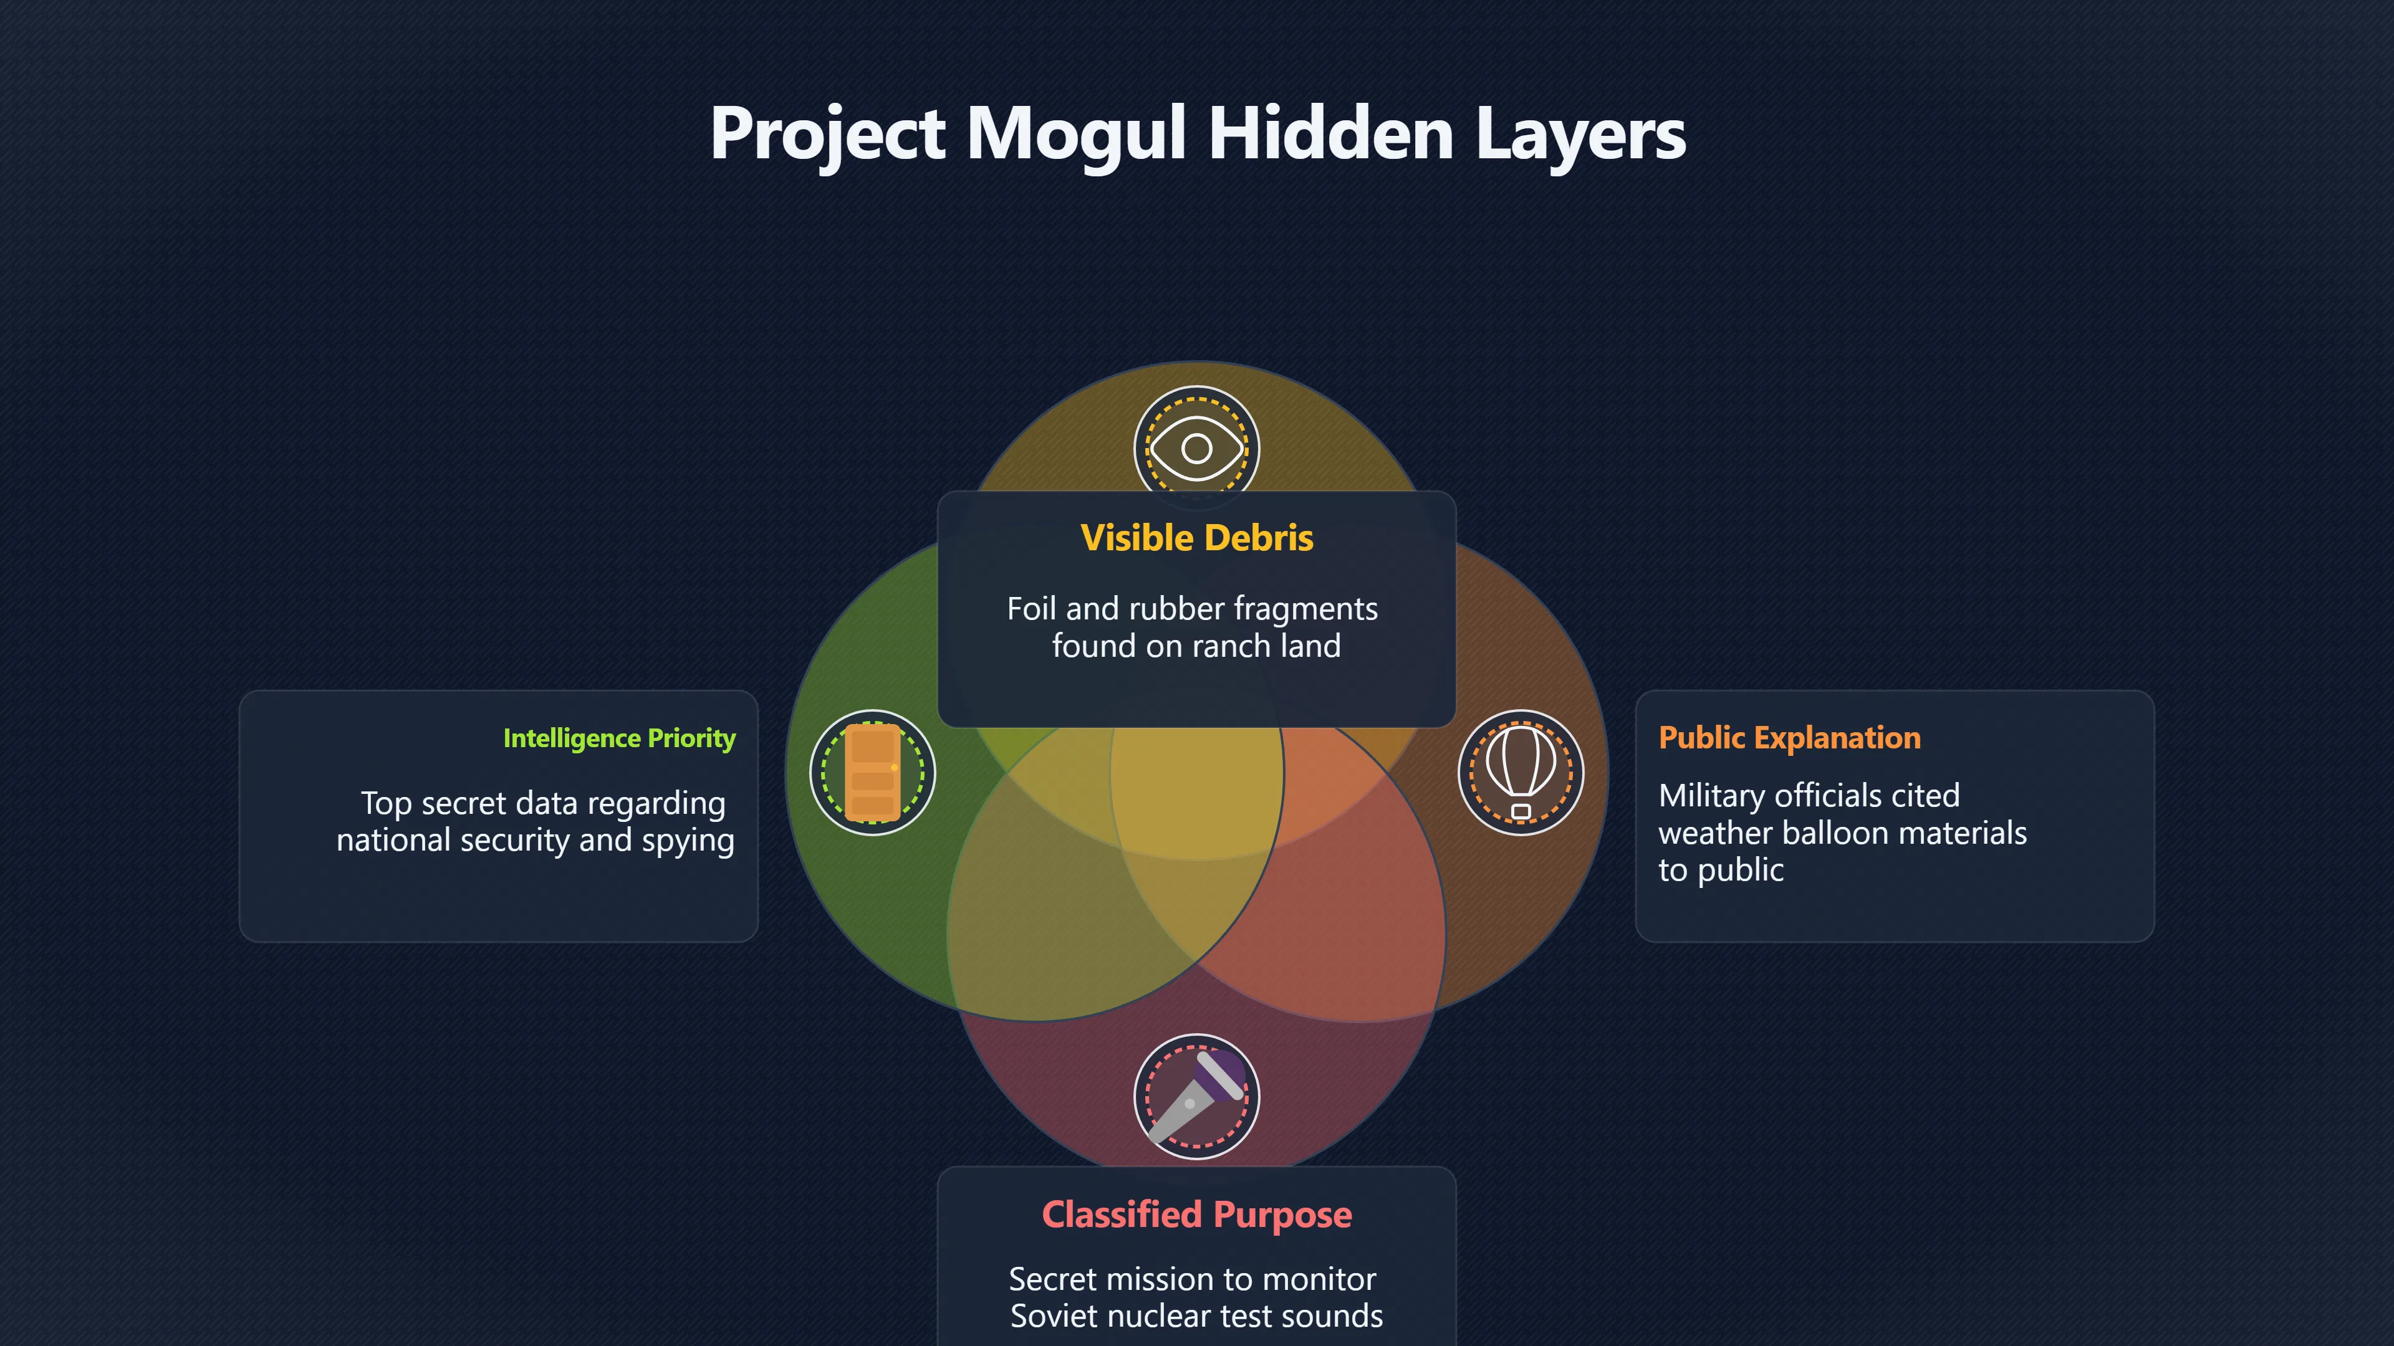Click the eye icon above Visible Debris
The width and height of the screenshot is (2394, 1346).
click(x=1197, y=449)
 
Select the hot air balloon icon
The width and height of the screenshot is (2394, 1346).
click(x=1521, y=772)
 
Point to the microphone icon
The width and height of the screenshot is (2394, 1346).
click(x=1197, y=1096)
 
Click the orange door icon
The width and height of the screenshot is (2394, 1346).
click(x=873, y=773)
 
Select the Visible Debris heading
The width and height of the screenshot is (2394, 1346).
click(x=1197, y=538)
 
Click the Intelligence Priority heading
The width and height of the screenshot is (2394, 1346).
click(x=619, y=738)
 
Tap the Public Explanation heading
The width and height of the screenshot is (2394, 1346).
click(x=1789, y=738)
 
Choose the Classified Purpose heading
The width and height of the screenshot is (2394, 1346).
click(x=1197, y=1214)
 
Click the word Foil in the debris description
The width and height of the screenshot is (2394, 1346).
click(x=1032, y=609)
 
